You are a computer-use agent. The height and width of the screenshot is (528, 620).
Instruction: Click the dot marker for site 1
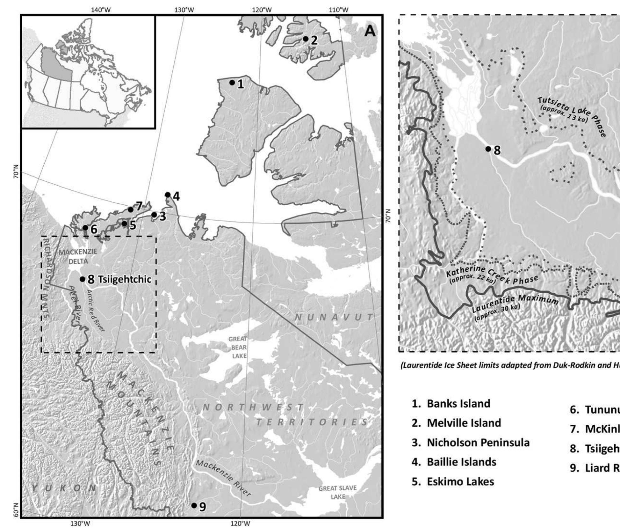point(232,83)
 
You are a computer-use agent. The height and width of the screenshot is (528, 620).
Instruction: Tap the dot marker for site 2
point(306,39)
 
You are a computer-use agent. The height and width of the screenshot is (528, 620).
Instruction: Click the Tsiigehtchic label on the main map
point(124,279)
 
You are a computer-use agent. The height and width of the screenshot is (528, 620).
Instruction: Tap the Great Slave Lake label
point(337,492)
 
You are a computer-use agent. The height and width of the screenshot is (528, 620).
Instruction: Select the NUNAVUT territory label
point(333,317)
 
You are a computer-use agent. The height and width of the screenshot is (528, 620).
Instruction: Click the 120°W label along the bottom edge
point(240,524)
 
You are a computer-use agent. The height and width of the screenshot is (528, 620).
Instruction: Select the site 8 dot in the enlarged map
point(488,149)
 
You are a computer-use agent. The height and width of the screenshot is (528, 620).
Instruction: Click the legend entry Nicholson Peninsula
point(471,443)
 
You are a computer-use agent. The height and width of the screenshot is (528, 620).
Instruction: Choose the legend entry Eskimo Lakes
point(453,481)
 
